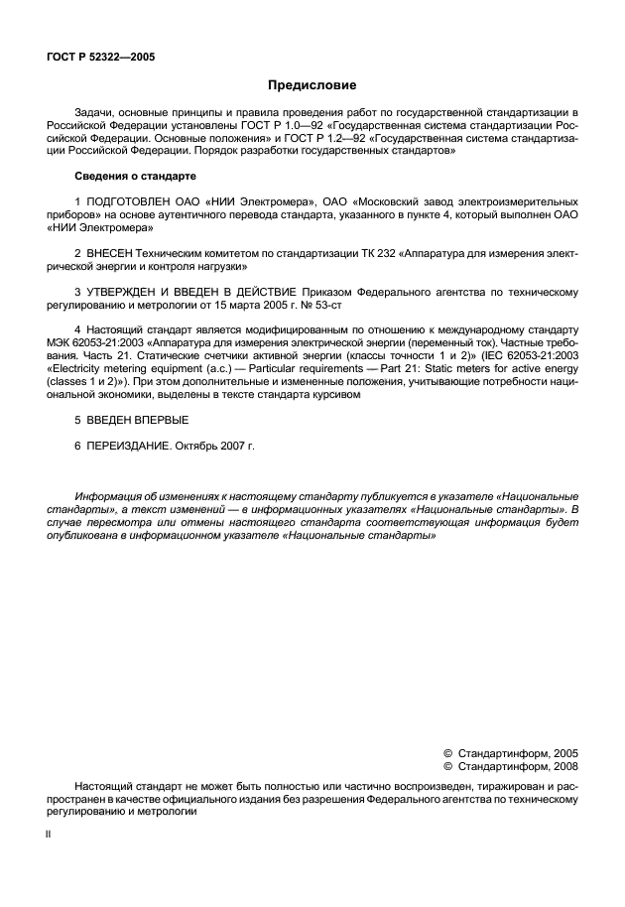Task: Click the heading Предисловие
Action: point(312,86)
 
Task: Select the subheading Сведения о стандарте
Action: point(135,176)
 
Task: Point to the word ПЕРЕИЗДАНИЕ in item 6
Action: point(128,447)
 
